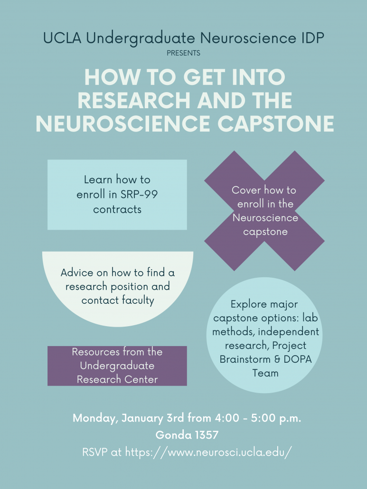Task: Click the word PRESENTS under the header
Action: click(x=183, y=53)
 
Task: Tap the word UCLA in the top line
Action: click(x=62, y=38)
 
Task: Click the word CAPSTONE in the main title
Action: click(x=276, y=123)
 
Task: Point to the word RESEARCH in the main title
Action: click(x=134, y=100)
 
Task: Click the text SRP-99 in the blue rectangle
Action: click(x=139, y=194)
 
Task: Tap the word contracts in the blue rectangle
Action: click(x=117, y=209)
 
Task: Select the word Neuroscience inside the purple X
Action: click(x=265, y=218)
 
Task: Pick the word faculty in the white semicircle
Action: click(x=138, y=301)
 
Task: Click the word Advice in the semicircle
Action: click(x=77, y=273)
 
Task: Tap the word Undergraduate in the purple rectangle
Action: click(x=117, y=366)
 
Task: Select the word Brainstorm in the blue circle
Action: click(x=245, y=359)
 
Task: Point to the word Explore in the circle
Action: click(x=248, y=304)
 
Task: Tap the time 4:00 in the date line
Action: click(x=226, y=418)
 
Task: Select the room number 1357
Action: click(x=206, y=435)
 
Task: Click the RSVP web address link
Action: click(x=208, y=452)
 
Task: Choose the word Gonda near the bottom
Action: click(x=172, y=435)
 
